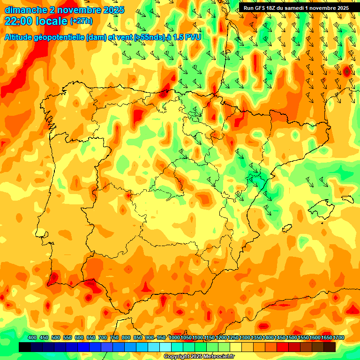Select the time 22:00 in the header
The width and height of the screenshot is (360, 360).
coord(18,21)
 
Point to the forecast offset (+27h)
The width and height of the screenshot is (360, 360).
coord(82,21)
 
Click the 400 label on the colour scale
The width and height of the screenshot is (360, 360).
coord(32,338)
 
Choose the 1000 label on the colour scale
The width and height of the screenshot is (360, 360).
coord(174,338)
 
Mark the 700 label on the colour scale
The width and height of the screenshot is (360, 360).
coord(103,338)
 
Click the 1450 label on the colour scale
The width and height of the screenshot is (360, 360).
coord(280,338)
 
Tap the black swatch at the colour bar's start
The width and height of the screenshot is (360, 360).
coord(25,347)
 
